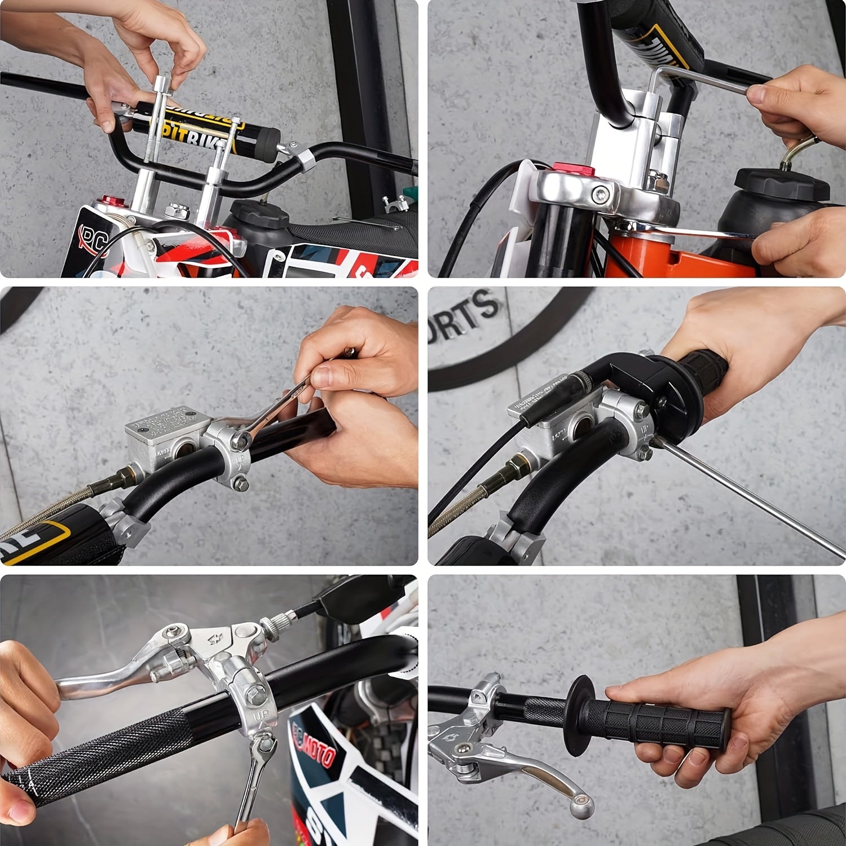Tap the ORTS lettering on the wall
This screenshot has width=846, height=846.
(x=465, y=316)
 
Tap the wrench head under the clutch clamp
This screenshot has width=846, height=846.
(x=263, y=747)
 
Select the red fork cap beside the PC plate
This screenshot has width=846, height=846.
(x=107, y=201)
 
